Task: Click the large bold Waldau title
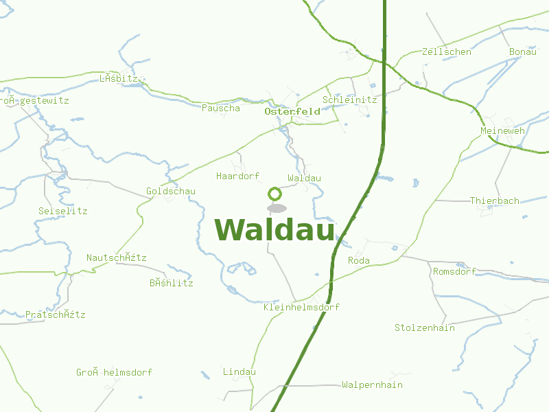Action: point(274,230)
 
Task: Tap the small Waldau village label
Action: point(304,178)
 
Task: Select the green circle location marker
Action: point(274,194)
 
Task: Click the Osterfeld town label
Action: point(292,111)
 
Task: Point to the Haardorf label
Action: point(237,176)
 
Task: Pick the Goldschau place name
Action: point(170,191)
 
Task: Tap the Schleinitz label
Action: point(349,100)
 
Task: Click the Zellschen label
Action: point(446,52)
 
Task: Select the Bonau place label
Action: point(522,52)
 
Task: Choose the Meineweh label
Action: point(502,130)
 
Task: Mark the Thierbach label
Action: point(494,201)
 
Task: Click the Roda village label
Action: point(358,260)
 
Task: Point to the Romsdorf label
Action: point(454,271)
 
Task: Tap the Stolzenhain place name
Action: point(424,328)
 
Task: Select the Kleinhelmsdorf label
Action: point(301,307)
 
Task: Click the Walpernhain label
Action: point(372,385)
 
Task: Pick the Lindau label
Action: point(239,371)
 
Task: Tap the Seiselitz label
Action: point(63,211)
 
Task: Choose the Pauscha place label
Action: point(221,108)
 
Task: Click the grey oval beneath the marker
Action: point(277,208)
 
